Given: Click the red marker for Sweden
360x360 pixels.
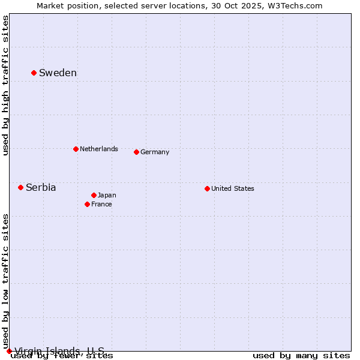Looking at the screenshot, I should coord(34,73).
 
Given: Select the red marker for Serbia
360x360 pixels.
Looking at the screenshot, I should coord(20,187).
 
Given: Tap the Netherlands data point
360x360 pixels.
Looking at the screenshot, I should coord(76,149).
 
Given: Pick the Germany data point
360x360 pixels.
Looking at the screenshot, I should coord(136,152).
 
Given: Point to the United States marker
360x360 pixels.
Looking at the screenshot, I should coord(207,188).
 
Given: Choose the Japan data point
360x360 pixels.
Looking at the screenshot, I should coord(94,195).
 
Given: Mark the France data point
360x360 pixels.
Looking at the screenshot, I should coord(87,204).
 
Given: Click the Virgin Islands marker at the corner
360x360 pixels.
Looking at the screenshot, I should coord(9,351).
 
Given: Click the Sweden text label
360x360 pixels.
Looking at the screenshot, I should coord(58,73).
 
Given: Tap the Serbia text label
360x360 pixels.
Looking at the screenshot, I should coord(41,188).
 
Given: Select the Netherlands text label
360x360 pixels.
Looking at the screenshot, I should coord(99,149).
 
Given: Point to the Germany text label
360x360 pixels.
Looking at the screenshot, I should coord(155,152).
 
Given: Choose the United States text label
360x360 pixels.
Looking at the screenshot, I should coord(233,188).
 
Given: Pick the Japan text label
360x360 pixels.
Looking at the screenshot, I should coord(107,195).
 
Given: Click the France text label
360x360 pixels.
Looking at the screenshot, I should coord(101,204).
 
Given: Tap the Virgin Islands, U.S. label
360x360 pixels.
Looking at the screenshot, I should coord(59,351).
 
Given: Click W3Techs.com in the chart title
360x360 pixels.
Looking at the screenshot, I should coord(295,5).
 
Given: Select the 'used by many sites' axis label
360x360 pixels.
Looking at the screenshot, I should coord(301,356).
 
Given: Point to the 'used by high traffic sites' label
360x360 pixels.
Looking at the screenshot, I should coord(6,86).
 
